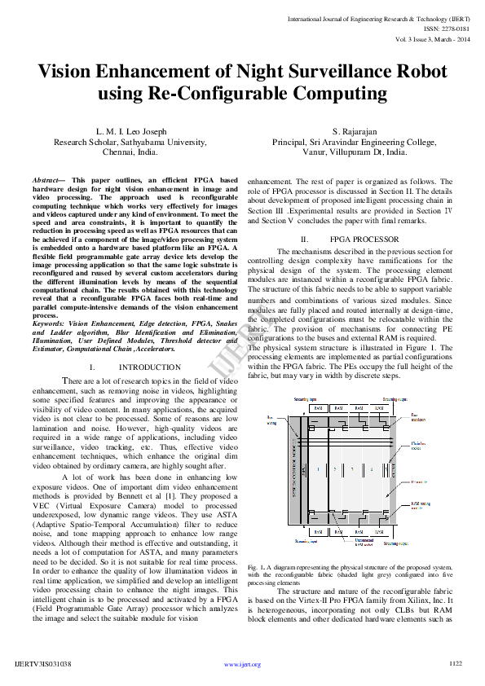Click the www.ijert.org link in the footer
pyautogui.click(x=242, y=664)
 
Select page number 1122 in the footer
pyautogui.click(x=456, y=663)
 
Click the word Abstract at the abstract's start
pyautogui.click(x=48, y=179)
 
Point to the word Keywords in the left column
pyautogui.click(x=48, y=323)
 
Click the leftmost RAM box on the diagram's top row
pyautogui.click(x=320, y=407)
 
